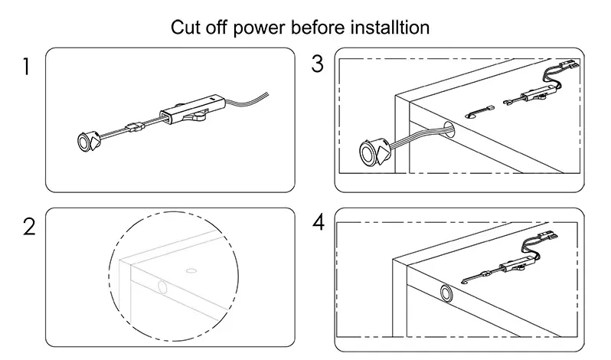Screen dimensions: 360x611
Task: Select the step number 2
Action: [28, 227]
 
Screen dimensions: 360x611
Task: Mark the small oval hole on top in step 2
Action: [191, 270]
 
